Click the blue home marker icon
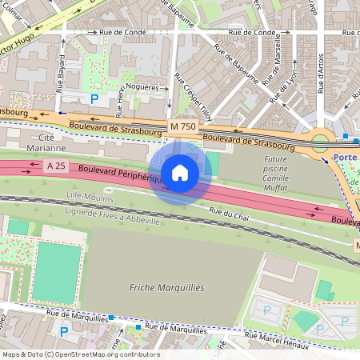tap(180, 173)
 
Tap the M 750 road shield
tap(182, 126)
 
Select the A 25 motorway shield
tap(55, 166)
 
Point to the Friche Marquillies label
tap(167, 287)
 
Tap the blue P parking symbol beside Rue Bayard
tap(94, 99)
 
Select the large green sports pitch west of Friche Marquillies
tap(57, 272)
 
